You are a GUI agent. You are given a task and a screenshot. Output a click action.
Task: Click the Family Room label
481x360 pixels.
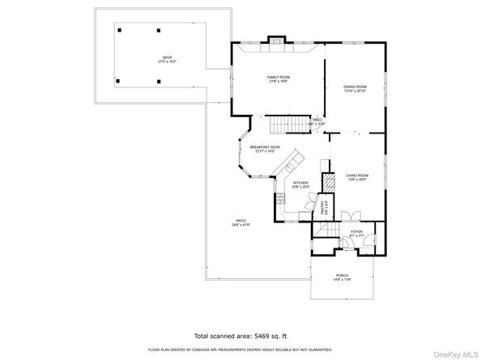click(x=279, y=78)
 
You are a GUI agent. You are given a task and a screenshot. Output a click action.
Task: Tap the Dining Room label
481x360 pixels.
click(x=355, y=88)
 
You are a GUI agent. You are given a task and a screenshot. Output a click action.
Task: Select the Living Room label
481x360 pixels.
click(x=357, y=176)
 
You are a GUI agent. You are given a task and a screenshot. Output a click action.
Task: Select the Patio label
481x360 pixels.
click(x=240, y=222)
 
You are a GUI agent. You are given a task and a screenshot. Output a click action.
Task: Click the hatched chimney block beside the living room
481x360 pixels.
click(x=328, y=183)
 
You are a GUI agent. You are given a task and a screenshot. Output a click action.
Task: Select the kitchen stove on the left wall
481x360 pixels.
click(x=280, y=199)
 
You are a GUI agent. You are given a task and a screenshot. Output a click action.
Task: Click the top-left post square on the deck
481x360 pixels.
click(x=120, y=30)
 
